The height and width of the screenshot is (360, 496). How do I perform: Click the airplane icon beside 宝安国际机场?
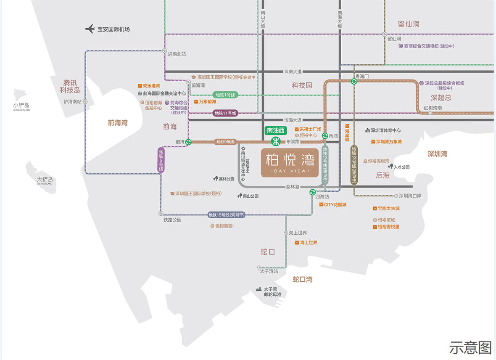click(90, 29)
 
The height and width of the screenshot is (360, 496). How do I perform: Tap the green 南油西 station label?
click(276, 130)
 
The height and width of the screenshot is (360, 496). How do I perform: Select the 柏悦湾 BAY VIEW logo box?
click(290, 162)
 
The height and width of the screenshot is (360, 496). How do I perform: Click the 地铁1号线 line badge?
click(225, 95)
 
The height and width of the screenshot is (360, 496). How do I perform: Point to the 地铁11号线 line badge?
click(225, 113)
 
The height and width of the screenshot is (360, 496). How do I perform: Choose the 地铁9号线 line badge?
click(225, 142)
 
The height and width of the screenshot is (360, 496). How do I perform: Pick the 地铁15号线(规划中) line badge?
click(227, 215)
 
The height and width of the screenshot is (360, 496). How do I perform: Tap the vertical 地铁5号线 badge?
click(161, 160)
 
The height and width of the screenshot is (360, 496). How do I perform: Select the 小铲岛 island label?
click(21, 105)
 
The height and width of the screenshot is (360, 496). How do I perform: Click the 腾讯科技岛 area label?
click(70, 87)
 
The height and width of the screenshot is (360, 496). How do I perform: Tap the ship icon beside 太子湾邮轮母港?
click(259, 289)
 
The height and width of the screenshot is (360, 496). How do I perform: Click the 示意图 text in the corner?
click(470, 348)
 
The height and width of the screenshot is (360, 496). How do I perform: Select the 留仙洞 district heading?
click(409, 24)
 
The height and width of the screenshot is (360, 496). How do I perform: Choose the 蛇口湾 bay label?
click(303, 279)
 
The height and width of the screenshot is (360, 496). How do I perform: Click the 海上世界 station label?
click(298, 233)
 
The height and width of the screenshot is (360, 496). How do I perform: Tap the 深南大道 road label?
click(293, 72)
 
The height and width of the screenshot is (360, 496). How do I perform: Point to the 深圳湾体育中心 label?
click(385, 130)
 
